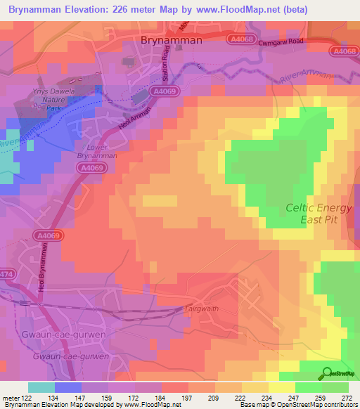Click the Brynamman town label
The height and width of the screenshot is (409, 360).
pyautogui.click(x=172, y=41)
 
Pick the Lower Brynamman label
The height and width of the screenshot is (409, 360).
pyautogui.click(x=93, y=150)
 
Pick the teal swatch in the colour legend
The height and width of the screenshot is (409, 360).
pyautogui.click(x=41, y=387)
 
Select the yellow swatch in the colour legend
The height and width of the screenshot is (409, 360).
pyautogui.click(x=282, y=387)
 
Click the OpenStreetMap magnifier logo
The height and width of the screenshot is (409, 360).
pyautogui.click(x=328, y=373)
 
